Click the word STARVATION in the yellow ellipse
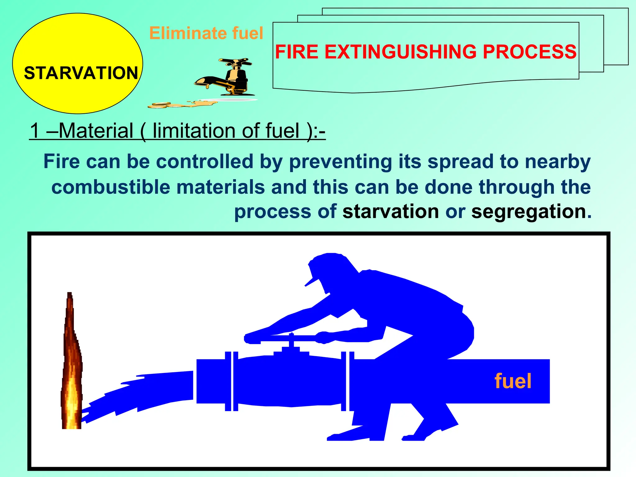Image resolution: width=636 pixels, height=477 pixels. [81, 73]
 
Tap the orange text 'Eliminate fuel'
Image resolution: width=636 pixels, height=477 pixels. [206, 33]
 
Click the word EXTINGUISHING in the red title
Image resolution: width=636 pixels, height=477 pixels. [400, 52]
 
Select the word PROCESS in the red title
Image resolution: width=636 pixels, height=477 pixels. [529, 52]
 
